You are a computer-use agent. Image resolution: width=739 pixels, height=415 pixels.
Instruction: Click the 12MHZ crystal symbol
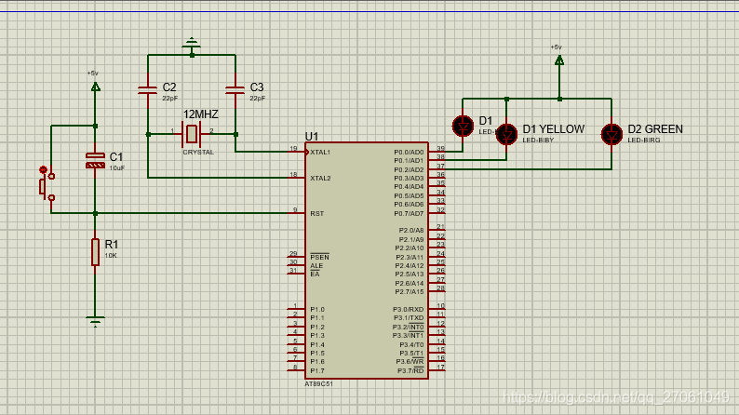tap(193, 133)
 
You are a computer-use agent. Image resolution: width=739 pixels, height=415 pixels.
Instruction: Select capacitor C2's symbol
tap(147, 90)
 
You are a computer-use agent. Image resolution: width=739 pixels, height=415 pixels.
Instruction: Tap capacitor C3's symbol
tap(235, 90)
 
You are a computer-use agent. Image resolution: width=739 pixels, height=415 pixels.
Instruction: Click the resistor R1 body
tap(95, 251)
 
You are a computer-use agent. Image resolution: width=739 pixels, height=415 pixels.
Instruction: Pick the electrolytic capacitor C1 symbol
tap(95, 159)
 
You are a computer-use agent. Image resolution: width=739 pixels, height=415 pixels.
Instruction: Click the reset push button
tap(46, 183)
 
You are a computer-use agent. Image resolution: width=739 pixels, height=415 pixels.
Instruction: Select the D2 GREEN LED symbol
tap(611, 134)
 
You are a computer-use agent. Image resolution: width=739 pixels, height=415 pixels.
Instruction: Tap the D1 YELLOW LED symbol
tap(506, 134)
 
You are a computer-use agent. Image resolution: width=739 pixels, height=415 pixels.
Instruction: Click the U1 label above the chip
tap(312, 136)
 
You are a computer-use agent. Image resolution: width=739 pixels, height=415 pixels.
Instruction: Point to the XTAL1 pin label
tap(320, 152)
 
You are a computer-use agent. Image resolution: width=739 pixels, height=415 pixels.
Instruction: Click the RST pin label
tap(316, 213)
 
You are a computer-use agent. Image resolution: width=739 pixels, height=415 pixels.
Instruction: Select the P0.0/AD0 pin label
tap(409, 152)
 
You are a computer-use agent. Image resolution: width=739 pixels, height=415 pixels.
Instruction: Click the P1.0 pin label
tap(317, 309)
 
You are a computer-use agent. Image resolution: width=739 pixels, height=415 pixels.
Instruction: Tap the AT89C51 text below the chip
tap(318, 382)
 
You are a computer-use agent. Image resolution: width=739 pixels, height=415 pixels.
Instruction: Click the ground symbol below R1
tap(95, 321)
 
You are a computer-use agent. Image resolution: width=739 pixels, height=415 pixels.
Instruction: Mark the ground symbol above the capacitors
tap(192, 43)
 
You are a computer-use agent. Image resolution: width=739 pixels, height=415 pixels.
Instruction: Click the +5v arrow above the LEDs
tap(558, 60)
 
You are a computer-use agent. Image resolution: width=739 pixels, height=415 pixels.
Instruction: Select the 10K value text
tap(110, 255)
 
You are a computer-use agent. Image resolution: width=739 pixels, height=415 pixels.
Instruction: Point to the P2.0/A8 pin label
tap(410, 230)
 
